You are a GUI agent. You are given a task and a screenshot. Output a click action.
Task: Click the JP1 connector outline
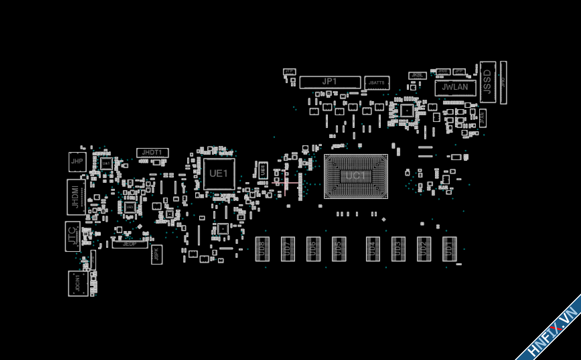330,82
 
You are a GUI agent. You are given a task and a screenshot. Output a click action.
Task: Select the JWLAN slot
455,88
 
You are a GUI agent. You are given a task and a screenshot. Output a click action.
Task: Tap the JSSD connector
488,82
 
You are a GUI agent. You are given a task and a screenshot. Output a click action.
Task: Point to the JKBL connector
417,75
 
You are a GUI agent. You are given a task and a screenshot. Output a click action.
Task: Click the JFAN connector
483,118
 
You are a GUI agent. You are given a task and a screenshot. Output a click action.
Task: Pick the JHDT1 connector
152,153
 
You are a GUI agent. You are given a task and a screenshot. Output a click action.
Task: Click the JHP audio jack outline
77,162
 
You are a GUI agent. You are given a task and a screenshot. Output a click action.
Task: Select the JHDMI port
76,197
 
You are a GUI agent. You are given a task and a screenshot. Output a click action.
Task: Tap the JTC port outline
73,236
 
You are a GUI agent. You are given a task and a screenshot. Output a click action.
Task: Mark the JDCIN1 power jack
78,283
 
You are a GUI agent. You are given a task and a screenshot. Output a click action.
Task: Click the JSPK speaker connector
156,254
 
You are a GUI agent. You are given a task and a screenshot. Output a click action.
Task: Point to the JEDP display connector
130,244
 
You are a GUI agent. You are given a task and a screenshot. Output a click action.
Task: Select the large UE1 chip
219,174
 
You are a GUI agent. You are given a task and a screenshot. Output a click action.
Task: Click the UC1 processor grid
356,176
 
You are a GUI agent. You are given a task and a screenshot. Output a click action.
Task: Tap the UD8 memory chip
262,249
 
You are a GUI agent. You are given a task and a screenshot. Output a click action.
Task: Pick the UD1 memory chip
449,249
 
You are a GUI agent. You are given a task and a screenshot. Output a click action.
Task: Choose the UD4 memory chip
373,249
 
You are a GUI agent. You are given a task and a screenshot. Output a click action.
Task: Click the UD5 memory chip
339,249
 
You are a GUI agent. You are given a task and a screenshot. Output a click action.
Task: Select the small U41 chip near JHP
106,164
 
